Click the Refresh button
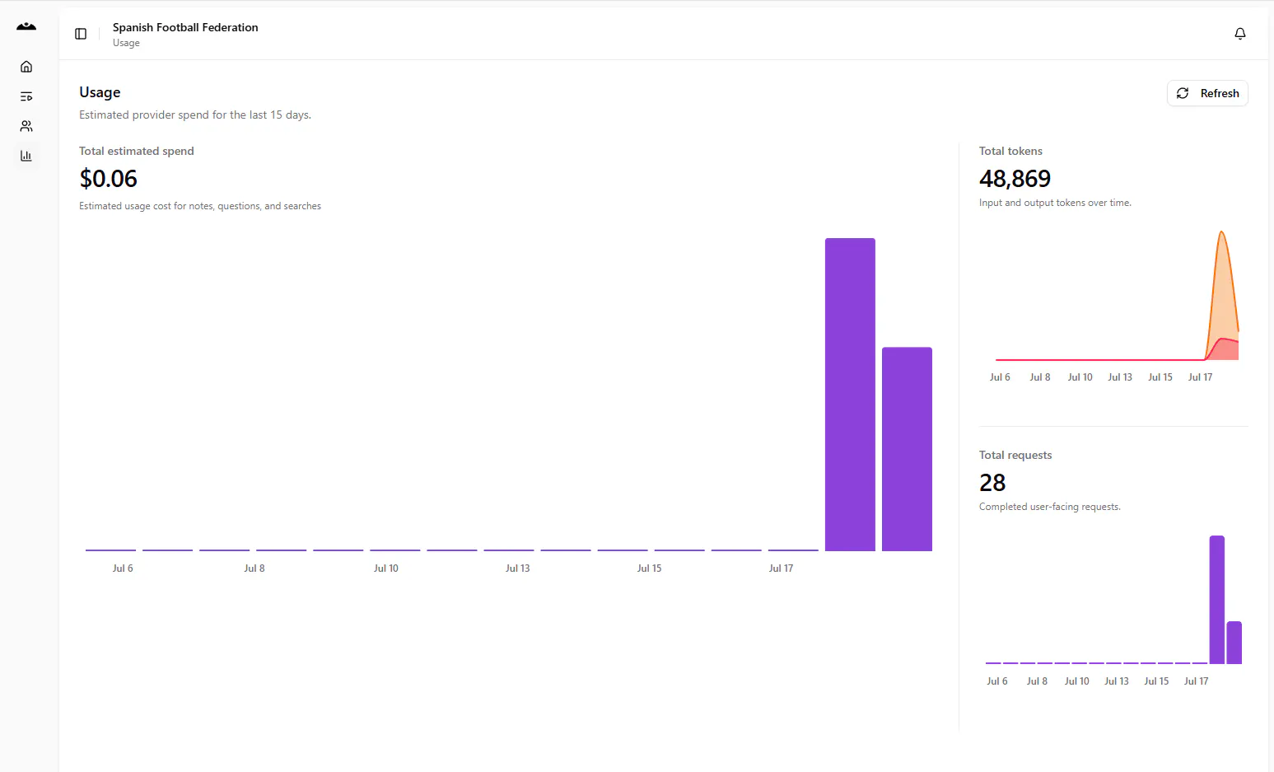pyautogui.click(x=1207, y=93)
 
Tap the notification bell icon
pyautogui.click(x=1240, y=34)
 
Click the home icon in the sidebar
pyautogui.click(x=26, y=67)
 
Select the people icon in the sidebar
pyautogui.click(x=26, y=126)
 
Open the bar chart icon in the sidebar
pyautogui.click(x=26, y=156)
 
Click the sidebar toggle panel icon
pyautogui.click(x=81, y=34)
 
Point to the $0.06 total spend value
pyautogui.click(x=108, y=179)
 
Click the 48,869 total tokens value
pyautogui.click(x=1015, y=179)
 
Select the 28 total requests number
pyautogui.click(x=992, y=483)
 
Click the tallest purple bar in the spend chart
pyautogui.click(x=850, y=395)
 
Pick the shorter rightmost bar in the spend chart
pyautogui.click(x=907, y=449)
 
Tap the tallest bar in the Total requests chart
pyautogui.click(x=1216, y=600)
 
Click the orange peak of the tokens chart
pyautogui.click(x=1221, y=232)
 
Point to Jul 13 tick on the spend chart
pyautogui.click(x=517, y=568)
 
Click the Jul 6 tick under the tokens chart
pyautogui.click(x=1000, y=377)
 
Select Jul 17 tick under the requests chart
pyautogui.click(x=1196, y=681)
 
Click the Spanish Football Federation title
pyautogui.click(x=185, y=27)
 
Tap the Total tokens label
pyautogui.click(x=1010, y=151)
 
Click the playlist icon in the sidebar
pyautogui.click(x=26, y=96)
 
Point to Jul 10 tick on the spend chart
pyautogui.click(x=385, y=568)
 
